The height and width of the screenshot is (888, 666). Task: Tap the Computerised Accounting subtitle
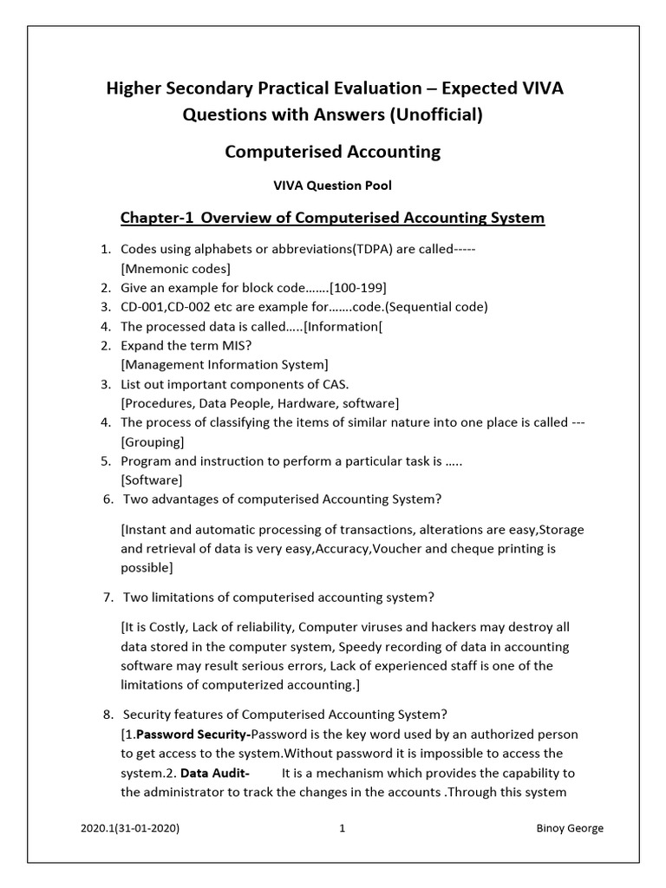point(332,153)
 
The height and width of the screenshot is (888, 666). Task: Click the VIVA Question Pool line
point(332,186)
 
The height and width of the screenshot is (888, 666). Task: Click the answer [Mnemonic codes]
point(175,269)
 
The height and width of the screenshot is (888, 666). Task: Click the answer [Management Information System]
point(225,365)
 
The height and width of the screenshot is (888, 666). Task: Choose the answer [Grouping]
point(152,441)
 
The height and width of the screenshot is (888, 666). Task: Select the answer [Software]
point(152,480)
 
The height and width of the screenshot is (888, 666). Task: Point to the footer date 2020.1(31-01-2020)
point(130,828)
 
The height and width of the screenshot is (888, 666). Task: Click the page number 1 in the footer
point(343,828)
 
